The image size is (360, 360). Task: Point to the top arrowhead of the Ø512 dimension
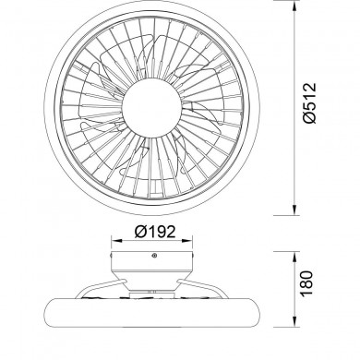(x=294, y=9)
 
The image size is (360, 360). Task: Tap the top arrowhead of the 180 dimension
(x=294, y=251)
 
